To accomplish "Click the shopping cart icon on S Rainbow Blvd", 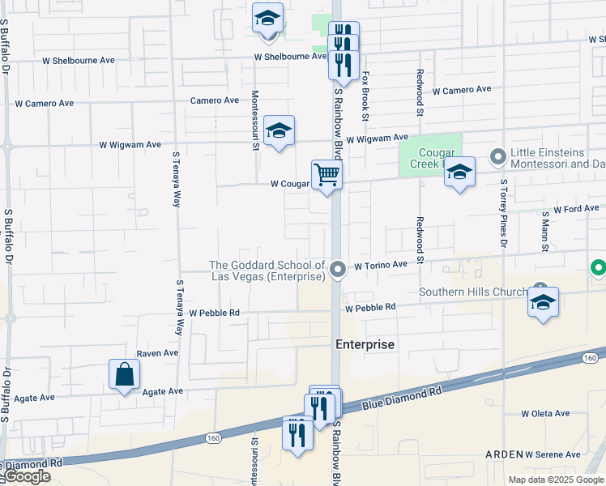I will coord(326,174).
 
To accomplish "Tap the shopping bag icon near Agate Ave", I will coord(125,375).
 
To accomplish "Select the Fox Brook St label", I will coord(365,96).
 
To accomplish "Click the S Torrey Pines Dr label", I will coord(503,213).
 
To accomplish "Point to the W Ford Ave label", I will coord(576,209).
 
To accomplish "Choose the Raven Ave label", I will coord(157,353).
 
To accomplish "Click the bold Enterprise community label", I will coord(365,344).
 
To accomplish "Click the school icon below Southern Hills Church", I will coord(543,303).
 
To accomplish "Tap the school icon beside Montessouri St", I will coord(279,131).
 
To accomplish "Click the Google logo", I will coord(28,476).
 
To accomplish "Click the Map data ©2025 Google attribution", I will coord(555,480).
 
